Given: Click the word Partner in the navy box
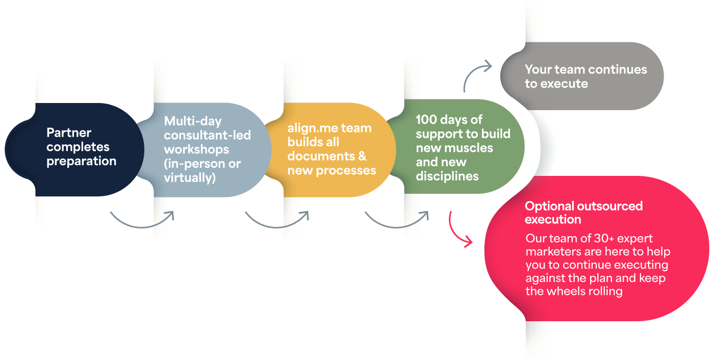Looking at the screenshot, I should coord(69,133).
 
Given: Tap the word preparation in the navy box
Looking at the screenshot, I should coord(81,162).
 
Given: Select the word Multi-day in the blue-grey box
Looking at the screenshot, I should coord(186,121).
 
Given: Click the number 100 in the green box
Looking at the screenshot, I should coord(426,120).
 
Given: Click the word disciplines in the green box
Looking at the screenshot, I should coord(447,176).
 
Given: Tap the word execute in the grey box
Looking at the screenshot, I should coord(564,84).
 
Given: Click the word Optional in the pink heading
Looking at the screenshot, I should coord(549,206).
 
